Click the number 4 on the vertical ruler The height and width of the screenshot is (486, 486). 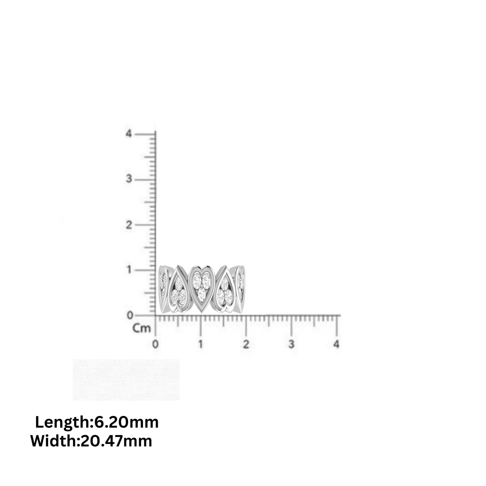pyautogui.click(x=129, y=134)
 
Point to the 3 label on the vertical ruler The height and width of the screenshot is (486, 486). pyautogui.click(x=129, y=179)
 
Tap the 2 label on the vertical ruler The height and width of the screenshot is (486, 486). pyautogui.click(x=129, y=225)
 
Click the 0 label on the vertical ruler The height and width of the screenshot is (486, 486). pyautogui.click(x=130, y=315)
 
